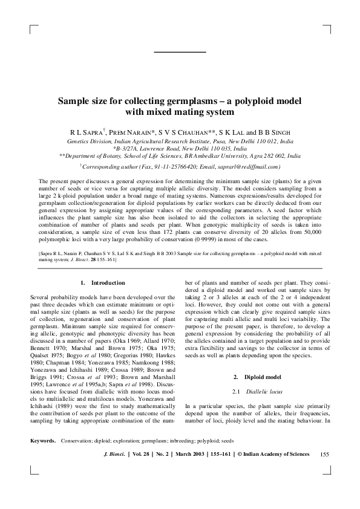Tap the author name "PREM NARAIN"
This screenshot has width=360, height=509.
[134, 131]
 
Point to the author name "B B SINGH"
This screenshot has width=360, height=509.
[274, 131]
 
